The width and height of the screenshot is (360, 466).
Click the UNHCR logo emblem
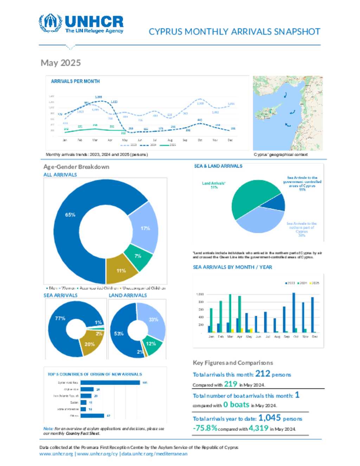[x=50, y=23]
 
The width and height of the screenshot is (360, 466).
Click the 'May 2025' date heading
[x=61, y=63]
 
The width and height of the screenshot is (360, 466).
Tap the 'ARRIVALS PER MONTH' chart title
[x=75, y=81]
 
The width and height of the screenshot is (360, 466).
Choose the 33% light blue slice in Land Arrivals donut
[x=153, y=320]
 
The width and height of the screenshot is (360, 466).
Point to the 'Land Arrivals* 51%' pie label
[x=214, y=185]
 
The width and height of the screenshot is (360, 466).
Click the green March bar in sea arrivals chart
[x=230, y=313]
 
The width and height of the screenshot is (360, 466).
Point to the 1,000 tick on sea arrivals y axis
[x=200, y=294]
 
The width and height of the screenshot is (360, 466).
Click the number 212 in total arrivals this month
[x=263, y=374]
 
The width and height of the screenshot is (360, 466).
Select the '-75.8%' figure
[x=205, y=428]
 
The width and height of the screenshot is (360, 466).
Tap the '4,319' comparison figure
[x=258, y=428]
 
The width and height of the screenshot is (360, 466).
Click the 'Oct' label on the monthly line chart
[x=200, y=140]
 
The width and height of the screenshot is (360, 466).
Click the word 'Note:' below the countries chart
[x=48, y=429]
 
